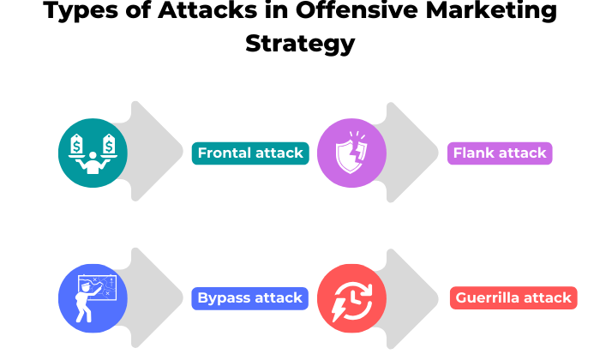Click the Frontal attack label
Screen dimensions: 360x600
coord(250,153)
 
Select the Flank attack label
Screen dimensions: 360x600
coord(500,153)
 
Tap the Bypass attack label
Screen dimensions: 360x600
coord(249,298)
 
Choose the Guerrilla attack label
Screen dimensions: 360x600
coord(513,298)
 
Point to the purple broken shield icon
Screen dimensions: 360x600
coord(351,153)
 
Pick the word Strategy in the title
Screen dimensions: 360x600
coord(300,43)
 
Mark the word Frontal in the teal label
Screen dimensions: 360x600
coord(226,153)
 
